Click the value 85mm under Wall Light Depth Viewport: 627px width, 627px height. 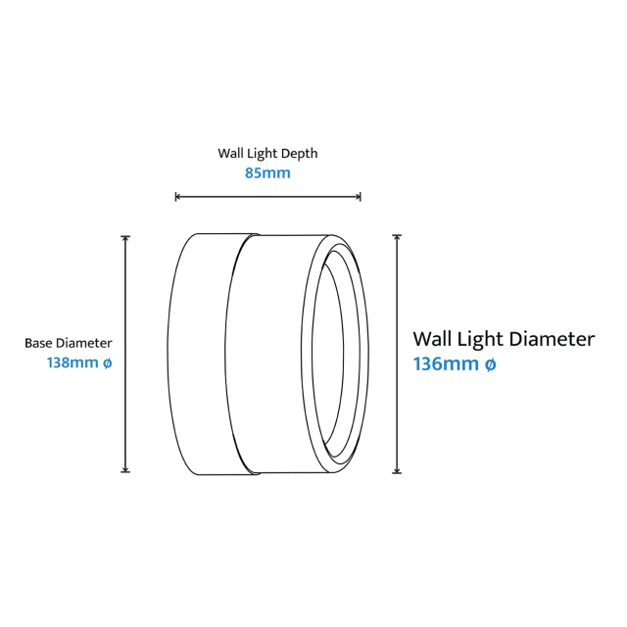click(267, 173)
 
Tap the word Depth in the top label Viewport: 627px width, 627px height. click(299, 154)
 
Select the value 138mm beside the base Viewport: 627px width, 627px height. click(72, 362)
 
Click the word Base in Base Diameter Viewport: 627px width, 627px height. click(39, 343)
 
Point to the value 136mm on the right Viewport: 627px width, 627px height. click(446, 363)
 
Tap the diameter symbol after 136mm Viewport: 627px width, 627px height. click(490, 364)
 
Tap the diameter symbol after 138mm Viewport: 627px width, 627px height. click(107, 363)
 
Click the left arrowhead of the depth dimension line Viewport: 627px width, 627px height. click(178, 196)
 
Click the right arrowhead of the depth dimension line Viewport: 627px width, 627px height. click(359, 196)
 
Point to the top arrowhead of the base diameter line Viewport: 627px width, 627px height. click(125, 238)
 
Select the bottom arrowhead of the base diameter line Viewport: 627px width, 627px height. click(125, 469)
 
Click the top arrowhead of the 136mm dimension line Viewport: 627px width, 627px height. click(397, 237)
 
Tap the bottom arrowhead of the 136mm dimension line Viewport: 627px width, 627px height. click(397, 470)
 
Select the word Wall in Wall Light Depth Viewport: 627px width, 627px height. click(230, 153)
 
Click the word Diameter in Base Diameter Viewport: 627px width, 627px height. click(84, 343)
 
